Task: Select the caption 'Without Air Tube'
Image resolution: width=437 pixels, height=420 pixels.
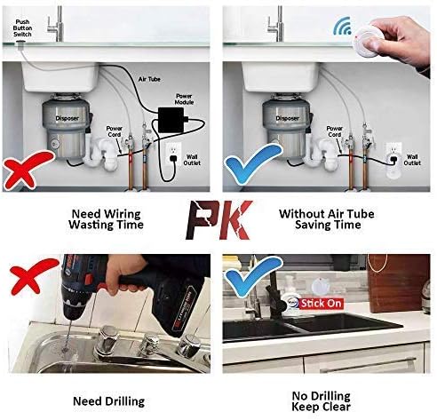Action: point(327,213)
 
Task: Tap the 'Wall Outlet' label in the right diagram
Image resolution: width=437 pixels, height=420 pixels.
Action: point(412,159)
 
